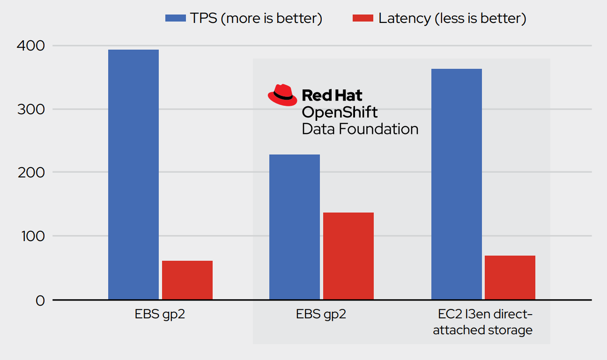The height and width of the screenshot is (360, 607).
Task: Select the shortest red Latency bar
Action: [x=187, y=280]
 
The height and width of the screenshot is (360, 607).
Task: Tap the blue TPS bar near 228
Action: [x=295, y=227]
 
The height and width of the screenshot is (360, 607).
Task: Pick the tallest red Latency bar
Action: [x=348, y=256]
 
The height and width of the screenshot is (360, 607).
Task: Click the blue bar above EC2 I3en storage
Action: [x=457, y=184]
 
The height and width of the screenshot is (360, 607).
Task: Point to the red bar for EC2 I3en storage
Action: [x=510, y=278]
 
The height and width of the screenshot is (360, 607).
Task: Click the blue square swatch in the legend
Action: [x=176, y=18]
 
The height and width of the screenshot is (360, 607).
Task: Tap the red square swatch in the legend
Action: [x=363, y=18]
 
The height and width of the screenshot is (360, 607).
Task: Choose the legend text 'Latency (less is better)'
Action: [x=452, y=18]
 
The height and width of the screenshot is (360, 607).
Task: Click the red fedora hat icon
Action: [x=283, y=95]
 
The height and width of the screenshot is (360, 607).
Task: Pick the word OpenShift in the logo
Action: [x=340, y=112]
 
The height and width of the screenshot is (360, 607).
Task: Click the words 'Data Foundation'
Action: [x=360, y=129]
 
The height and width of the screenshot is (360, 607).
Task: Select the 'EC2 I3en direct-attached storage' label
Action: [x=483, y=322]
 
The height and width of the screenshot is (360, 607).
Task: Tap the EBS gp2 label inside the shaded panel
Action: [x=321, y=314]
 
